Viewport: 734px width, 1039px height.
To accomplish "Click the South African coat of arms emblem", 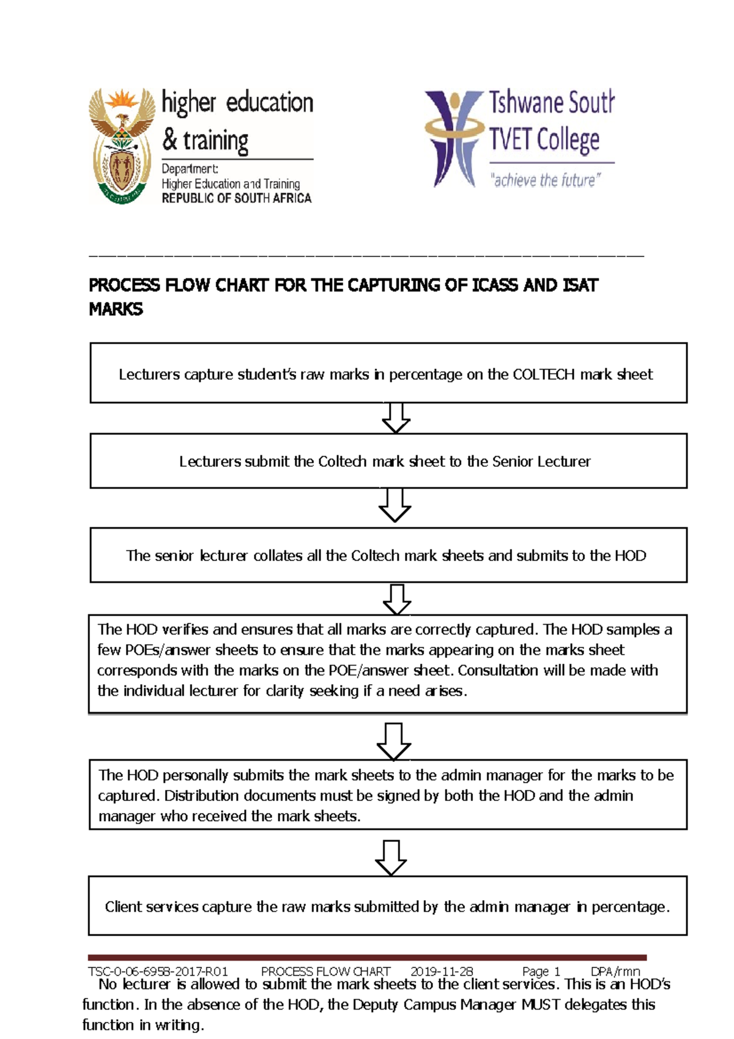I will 122,146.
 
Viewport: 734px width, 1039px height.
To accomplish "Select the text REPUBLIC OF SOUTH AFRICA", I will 236,198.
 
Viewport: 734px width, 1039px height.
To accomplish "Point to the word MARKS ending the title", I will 116,309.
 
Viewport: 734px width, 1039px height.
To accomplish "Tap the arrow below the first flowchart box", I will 396,418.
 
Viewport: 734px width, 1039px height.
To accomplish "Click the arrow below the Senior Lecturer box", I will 395,505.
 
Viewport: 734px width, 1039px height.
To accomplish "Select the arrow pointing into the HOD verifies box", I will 396,599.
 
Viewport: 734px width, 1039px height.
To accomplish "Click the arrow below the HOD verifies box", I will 393,741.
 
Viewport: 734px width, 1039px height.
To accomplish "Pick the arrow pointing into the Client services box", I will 391,857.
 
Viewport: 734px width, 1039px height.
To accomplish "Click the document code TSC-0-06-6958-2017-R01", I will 158,971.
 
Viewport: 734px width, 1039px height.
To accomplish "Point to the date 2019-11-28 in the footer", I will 442,971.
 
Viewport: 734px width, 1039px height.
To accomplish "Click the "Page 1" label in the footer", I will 541,971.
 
